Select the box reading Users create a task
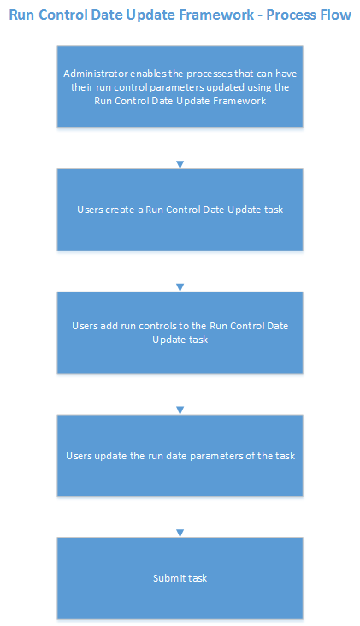pos(180,210)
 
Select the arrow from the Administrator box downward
pos(180,147)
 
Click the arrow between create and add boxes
pos(180,270)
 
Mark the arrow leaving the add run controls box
pos(180,393)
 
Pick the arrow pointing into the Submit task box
pos(180,517)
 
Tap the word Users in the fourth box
pos(80,456)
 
